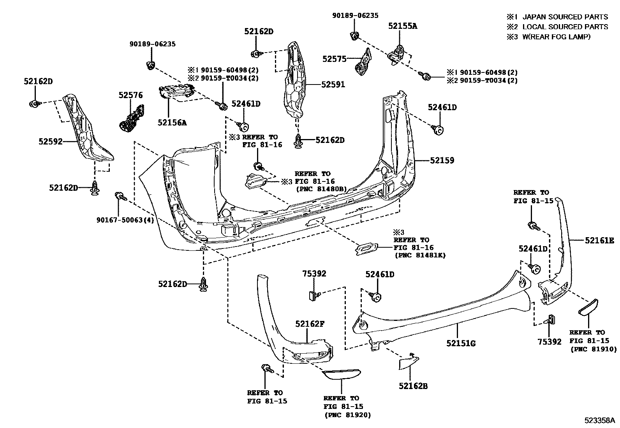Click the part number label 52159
(442, 160)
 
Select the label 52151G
(461, 343)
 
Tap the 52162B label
(413, 386)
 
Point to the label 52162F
(310, 324)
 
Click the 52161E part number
(599, 241)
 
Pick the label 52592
(51, 141)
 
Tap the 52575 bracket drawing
(363, 62)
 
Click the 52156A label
(172, 123)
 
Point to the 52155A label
(402, 26)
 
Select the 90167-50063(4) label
(125, 220)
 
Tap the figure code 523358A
(599, 421)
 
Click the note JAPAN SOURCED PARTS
(565, 17)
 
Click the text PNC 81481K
(419, 255)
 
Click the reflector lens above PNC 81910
(588, 306)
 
